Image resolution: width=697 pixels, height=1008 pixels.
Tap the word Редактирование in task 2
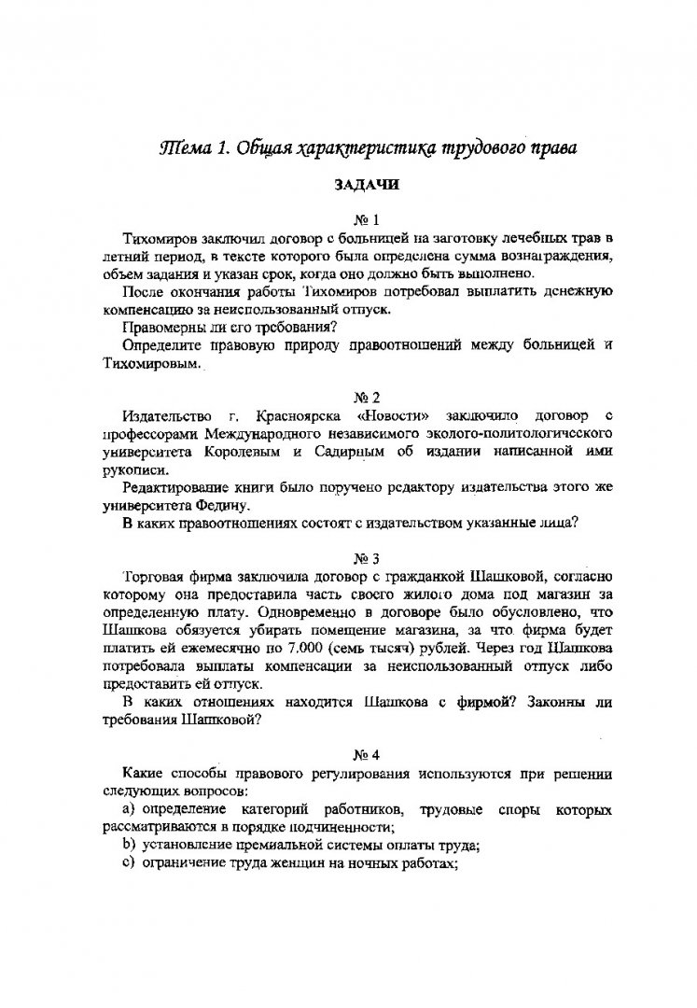pyautogui.click(x=179, y=487)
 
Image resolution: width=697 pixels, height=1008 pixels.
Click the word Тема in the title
pyautogui.click(x=183, y=148)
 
